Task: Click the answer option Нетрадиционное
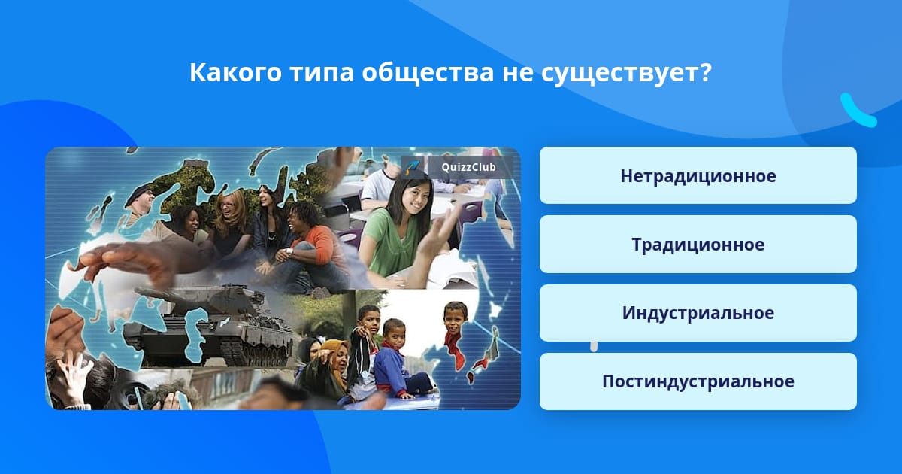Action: point(698,175)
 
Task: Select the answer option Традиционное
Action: point(698,245)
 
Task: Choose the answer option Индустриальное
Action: point(698,313)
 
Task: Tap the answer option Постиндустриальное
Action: point(698,381)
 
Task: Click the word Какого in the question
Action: point(235,72)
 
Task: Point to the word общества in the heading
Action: point(427,74)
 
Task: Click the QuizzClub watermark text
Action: point(469,167)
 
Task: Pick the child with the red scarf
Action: point(455,335)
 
